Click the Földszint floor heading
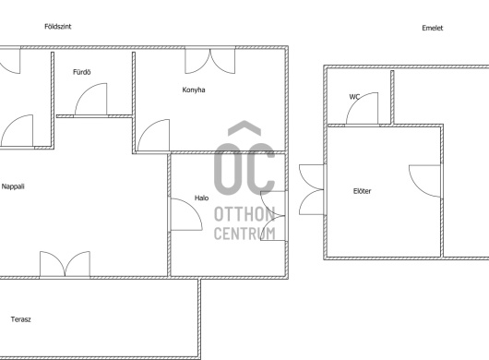(x=58, y=27)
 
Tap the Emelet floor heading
(x=432, y=28)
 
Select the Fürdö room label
(x=82, y=72)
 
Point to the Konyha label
(x=194, y=90)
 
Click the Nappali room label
(x=13, y=186)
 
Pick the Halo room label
(x=201, y=198)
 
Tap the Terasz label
(x=21, y=319)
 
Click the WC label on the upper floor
(x=354, y=97)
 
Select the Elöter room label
(x=362, y=191)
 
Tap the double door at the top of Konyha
(x=209, y=61)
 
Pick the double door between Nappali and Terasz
(x=65, y=264)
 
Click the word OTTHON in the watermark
(x=244, y=214)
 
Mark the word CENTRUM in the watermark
(x=244, y=233)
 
